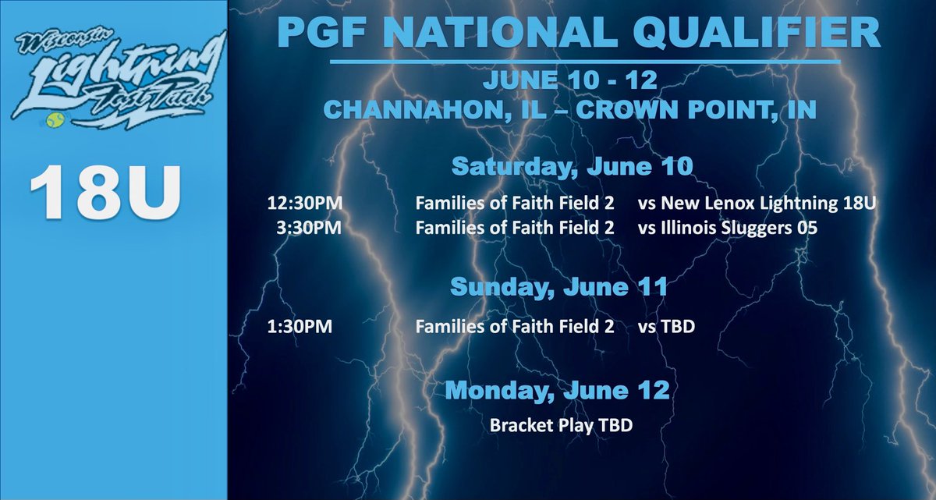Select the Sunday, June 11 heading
559,287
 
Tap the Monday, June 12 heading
559,389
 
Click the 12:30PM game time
304,204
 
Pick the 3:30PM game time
309,229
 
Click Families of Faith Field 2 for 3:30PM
514,229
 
